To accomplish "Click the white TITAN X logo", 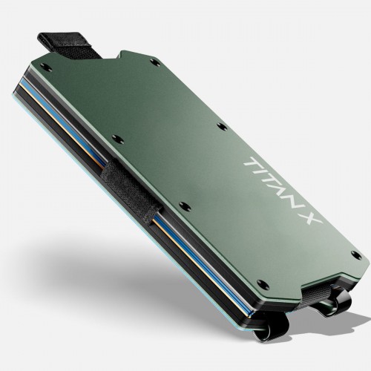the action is (283, 190).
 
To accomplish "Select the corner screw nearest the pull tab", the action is (45, 66).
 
